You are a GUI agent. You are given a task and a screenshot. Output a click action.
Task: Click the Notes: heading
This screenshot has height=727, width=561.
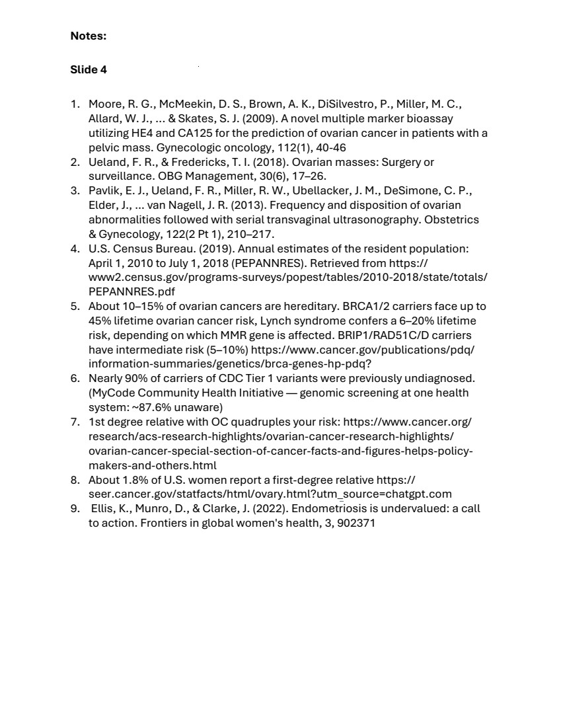point(88,36)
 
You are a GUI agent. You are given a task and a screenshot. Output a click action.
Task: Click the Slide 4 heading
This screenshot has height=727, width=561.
point(89,69)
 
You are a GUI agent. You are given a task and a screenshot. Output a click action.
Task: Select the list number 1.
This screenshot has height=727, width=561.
point(75,104)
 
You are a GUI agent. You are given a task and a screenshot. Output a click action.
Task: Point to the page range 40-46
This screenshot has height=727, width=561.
point(329,147)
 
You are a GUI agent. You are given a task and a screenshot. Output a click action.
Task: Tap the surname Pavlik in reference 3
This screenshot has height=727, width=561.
point(104,191)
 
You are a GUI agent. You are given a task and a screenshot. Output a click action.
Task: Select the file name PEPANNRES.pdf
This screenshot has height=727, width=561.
point(131,291)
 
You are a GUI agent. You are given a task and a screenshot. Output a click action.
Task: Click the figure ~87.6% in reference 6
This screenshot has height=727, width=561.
point(157,407)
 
